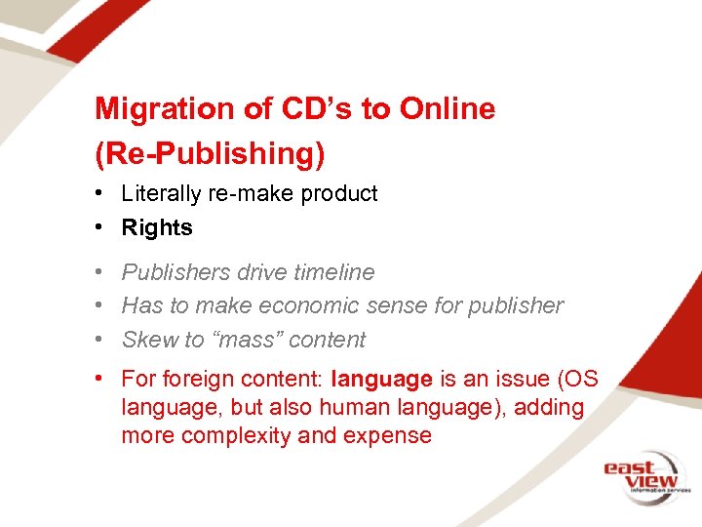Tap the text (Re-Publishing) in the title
(x=210, y=153)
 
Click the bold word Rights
(x=157, y=228)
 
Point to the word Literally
(x=160, y=194)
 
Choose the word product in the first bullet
(x=338, y=194)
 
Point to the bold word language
(x=381, y=379)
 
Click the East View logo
(x=644, y=475)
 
